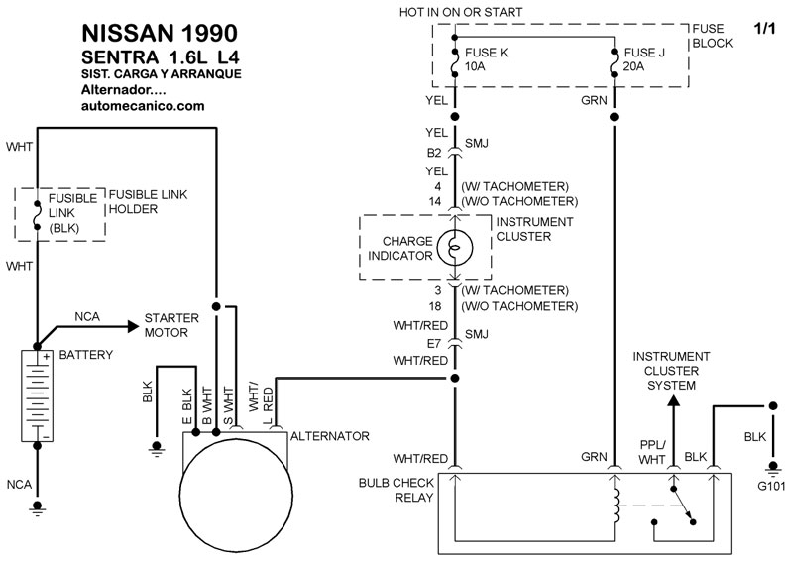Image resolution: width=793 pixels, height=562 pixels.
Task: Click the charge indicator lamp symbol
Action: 455,248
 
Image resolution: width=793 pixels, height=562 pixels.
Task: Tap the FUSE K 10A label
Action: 486,59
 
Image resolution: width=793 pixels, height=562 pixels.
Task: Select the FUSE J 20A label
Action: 643,59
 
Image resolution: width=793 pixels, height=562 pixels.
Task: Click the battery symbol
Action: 37,395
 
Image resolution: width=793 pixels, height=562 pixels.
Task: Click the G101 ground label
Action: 771,486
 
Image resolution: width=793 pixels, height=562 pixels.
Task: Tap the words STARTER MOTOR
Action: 171,325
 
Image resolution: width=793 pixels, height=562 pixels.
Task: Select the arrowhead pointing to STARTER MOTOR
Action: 134,327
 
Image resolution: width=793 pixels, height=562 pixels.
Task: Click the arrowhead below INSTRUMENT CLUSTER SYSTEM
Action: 673,400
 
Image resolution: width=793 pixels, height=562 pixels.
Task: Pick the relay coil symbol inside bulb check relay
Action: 615,506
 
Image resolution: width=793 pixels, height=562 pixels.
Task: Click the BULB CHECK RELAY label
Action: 396,490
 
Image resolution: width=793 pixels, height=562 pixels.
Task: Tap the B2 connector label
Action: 434,153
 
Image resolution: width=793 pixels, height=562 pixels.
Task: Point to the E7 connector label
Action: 434,344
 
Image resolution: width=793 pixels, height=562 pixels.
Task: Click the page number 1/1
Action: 764,29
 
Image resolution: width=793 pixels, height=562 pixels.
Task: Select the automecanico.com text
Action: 143,106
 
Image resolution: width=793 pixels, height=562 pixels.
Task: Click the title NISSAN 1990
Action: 160,34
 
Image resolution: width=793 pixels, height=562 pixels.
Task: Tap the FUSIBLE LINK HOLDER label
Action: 148,202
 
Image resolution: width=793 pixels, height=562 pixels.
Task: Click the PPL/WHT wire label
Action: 652,452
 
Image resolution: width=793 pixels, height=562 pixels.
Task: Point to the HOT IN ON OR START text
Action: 461,12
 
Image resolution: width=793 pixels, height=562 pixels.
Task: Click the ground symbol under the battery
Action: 37,507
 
